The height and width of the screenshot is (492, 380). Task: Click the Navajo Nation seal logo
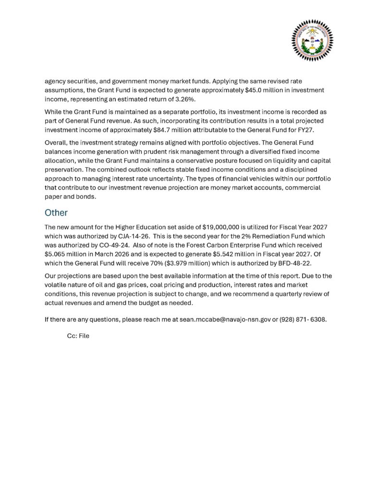click(312, 40)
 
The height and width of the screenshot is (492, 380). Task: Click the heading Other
click(56, 212)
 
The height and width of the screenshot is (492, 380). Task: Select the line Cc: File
click(78, 336)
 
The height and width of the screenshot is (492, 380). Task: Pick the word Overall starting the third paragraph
click(57, 143)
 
